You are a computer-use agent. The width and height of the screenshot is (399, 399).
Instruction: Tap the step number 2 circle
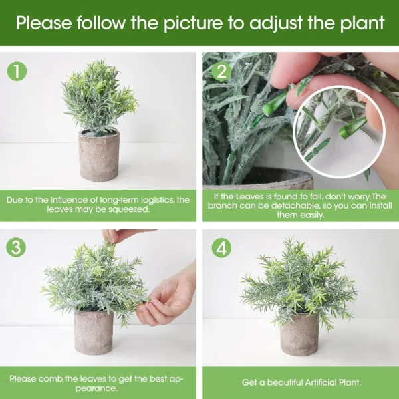tap(222, 70)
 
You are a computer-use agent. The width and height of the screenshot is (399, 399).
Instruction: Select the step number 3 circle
tap(17, 247)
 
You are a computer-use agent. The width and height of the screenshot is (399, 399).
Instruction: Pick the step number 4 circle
tap(222, 247)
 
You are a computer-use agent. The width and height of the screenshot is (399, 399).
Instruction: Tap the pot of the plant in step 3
tap(93, 332)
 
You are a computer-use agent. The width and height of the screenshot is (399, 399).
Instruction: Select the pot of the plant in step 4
tap(299, 334)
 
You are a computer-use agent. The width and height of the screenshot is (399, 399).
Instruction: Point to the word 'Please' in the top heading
tap(43, 23)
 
